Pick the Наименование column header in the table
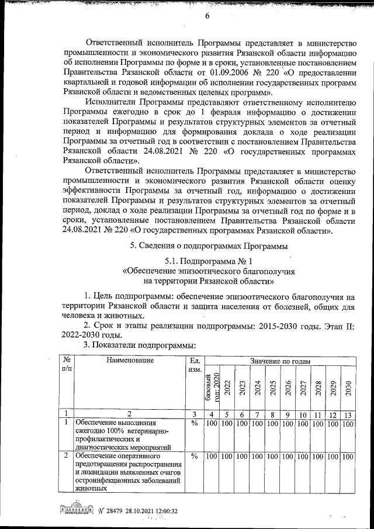[130, 361]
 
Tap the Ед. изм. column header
[193, 365]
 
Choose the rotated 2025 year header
[271, 389]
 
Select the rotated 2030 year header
[348, 389]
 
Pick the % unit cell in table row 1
[193, 423]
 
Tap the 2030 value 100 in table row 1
[348, 423]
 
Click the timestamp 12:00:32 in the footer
[164, 511]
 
